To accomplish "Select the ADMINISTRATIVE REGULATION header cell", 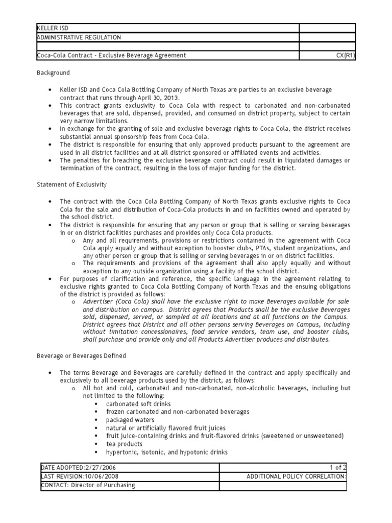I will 79,37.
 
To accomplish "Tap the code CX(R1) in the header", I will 345,55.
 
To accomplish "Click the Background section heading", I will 53,73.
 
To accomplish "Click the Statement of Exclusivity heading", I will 71,184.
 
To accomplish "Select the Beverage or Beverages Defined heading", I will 81,355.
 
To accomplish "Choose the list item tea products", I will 124,444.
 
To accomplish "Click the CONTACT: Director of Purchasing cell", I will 88,485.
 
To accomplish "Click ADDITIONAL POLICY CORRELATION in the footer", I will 296,477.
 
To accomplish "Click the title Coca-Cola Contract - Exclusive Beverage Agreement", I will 111,55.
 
